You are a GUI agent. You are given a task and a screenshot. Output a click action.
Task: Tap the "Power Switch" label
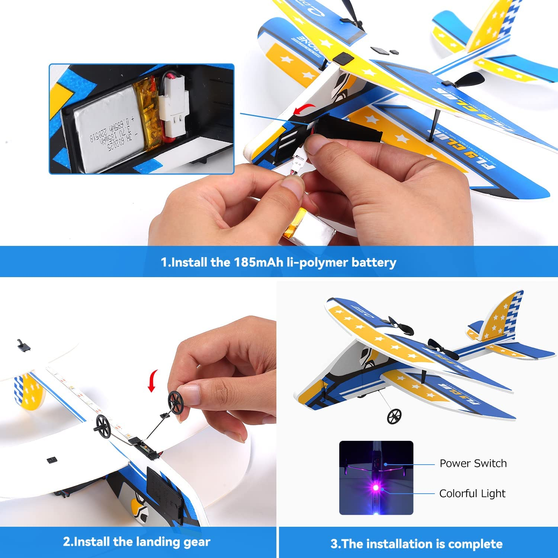coord(473,464)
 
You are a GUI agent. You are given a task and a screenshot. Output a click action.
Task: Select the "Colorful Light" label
coord(472,494)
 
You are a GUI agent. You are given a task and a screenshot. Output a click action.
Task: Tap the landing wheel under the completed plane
coord(394,416)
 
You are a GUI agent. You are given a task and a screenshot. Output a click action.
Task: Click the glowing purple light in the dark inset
coord(376,488)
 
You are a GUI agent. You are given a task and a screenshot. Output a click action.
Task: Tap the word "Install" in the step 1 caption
coord(189,262)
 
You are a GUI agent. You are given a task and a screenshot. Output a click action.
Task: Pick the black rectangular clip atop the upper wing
coord(343,58)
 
